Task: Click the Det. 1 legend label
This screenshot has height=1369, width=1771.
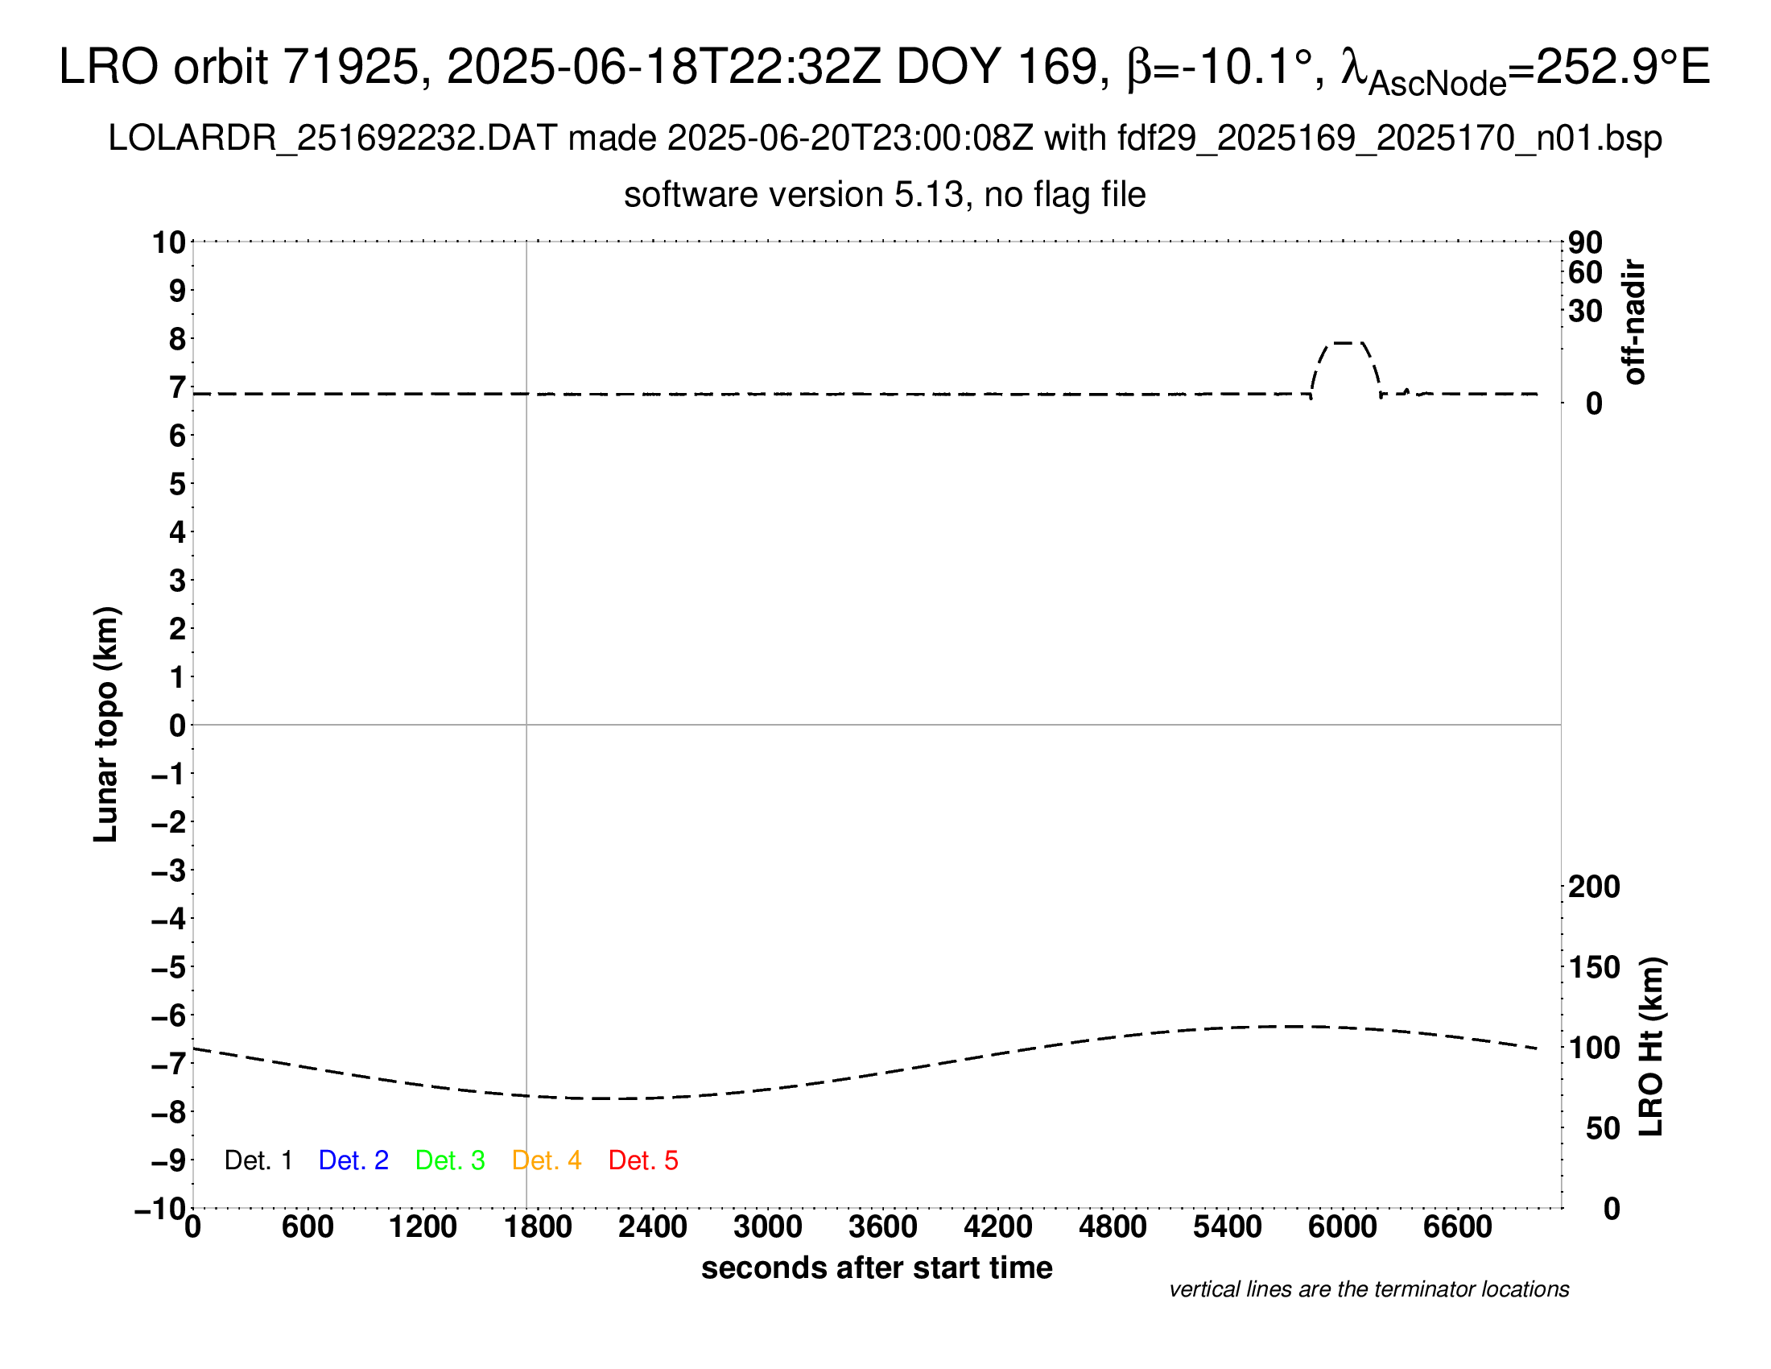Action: pos(258,1160)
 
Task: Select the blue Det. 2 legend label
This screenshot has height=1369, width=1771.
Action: pos(353,1160)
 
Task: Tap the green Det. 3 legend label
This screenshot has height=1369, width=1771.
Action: pos(450,1160)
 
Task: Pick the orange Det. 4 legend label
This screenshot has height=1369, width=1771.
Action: pos(547,1160)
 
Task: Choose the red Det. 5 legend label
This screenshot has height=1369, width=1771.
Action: pos(643,1160)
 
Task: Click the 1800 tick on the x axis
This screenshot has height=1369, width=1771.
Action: pos(538,1226)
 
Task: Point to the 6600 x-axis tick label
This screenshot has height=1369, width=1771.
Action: pos(1457,1226)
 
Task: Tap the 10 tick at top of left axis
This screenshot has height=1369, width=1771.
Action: pos(169,242)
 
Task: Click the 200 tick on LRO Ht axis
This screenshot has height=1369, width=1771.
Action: pos(1593,887)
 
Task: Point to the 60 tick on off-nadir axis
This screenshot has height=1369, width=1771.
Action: pos(1585,272)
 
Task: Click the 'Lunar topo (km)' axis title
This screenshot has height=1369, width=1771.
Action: pos(106,724)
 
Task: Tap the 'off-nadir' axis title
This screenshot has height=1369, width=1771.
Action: pos(1634,322)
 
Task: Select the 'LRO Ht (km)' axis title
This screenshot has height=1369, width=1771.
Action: pos(1651,1047)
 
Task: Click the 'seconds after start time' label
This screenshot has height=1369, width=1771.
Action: pos(877,1268)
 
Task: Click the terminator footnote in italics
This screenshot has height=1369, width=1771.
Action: pos(1368,1289)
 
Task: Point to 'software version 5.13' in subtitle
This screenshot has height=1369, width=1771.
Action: pos(794,196)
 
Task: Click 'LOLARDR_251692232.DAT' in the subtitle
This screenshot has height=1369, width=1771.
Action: pos(332,139)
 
